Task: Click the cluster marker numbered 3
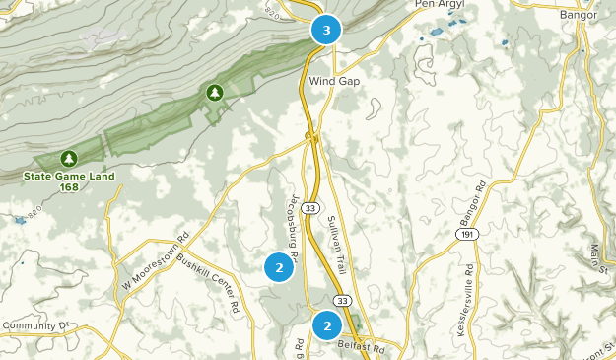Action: (326, 30)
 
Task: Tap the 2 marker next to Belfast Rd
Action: (327, 324)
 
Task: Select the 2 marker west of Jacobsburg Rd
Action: (280, 267)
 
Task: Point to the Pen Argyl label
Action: (438, 4)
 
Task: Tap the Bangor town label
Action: (579, 15)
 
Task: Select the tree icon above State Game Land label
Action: (68, 158)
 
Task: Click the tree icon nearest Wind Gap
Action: (214, 93)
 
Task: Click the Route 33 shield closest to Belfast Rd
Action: (341, 300)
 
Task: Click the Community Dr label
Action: (37, 324)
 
